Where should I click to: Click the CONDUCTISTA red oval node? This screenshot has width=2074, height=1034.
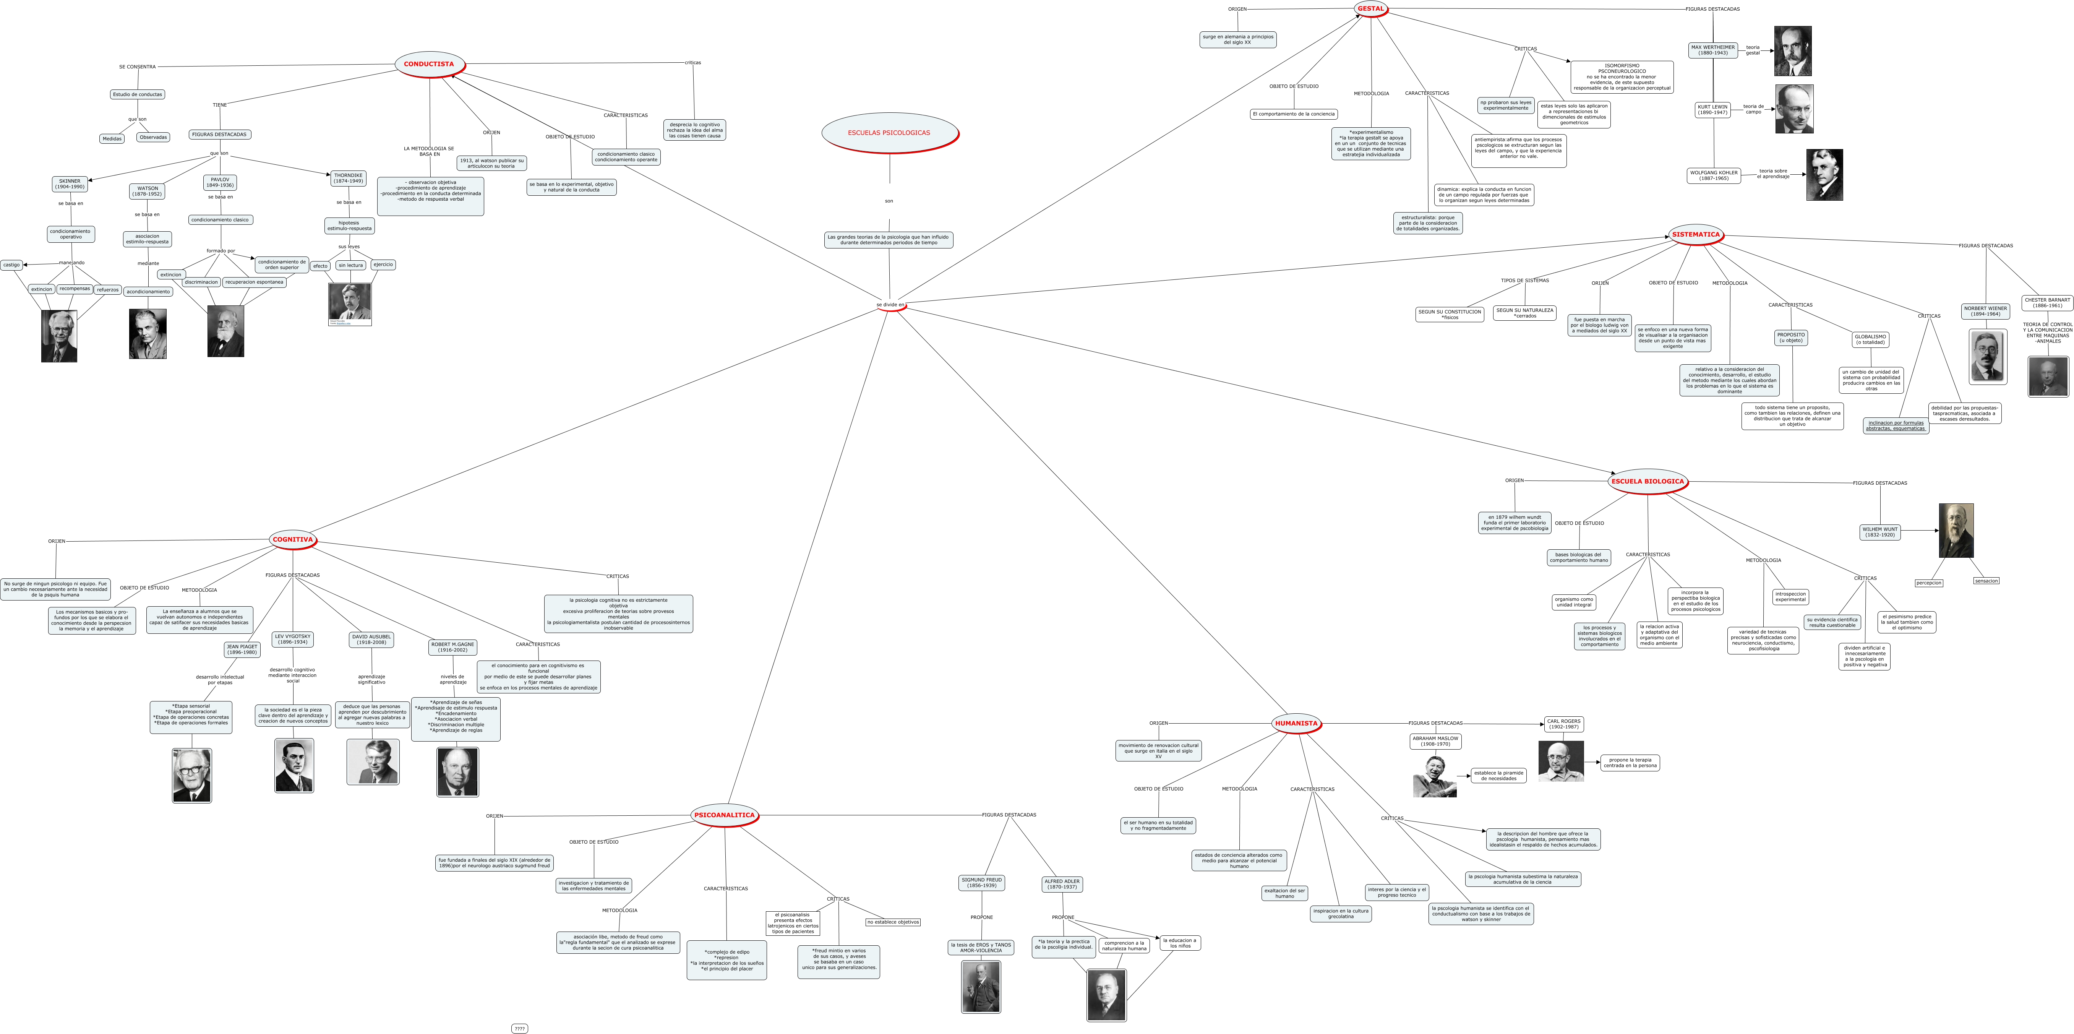coord(429,65)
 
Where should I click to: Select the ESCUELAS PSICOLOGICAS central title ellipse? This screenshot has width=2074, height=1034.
coord(889,133)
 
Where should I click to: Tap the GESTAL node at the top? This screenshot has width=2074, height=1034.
coord(1370,9)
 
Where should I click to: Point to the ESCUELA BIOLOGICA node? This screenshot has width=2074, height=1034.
coord(1647,482)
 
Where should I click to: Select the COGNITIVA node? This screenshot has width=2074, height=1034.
coord(292,539)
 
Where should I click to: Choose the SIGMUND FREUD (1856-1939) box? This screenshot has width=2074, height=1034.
coord(981,883)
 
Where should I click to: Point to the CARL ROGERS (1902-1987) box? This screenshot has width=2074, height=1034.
coord(1563,724)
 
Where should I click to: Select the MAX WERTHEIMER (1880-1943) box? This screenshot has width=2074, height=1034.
coord(1712,50)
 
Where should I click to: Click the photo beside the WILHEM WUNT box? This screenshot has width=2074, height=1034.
coord(1956,531)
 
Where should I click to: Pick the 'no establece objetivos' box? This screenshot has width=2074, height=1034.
coord(893,922)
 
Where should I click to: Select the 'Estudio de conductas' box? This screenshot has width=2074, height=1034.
coord(138,94)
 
